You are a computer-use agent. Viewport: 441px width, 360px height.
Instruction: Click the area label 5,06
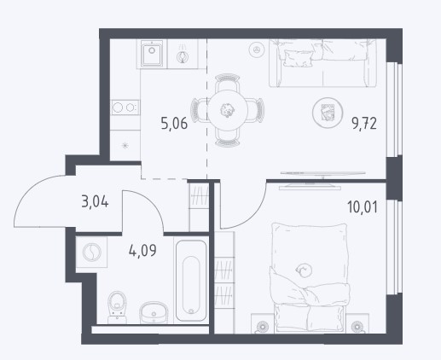coord(174,124)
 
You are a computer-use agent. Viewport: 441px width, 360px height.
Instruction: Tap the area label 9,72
coord(364,124)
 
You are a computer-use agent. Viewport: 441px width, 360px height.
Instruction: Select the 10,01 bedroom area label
coord(363,206)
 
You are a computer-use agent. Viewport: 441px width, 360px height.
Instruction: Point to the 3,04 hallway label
coord(95,202)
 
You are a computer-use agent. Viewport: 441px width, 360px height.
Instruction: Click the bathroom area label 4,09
coord(142,251)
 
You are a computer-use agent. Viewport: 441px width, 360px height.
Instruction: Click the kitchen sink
coord(152,54)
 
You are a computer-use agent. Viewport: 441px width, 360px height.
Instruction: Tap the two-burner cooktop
coord(125,107)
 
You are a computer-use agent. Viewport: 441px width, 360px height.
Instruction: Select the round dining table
coord(228,110)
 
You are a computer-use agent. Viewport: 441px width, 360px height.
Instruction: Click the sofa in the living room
coord(322,63)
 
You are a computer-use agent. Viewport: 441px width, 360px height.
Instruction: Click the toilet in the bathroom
coord(117,307)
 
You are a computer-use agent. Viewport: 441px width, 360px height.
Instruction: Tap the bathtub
coord(191,281)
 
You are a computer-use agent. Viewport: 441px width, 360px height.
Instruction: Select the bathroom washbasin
coord(154,312)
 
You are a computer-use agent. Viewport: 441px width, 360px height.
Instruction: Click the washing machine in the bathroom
coord(91,252)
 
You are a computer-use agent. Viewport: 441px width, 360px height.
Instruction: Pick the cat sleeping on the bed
coord(304,270)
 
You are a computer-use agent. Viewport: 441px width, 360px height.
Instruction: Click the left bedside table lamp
coord(262,326)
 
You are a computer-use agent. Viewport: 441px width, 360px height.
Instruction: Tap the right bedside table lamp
coord(357,326)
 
